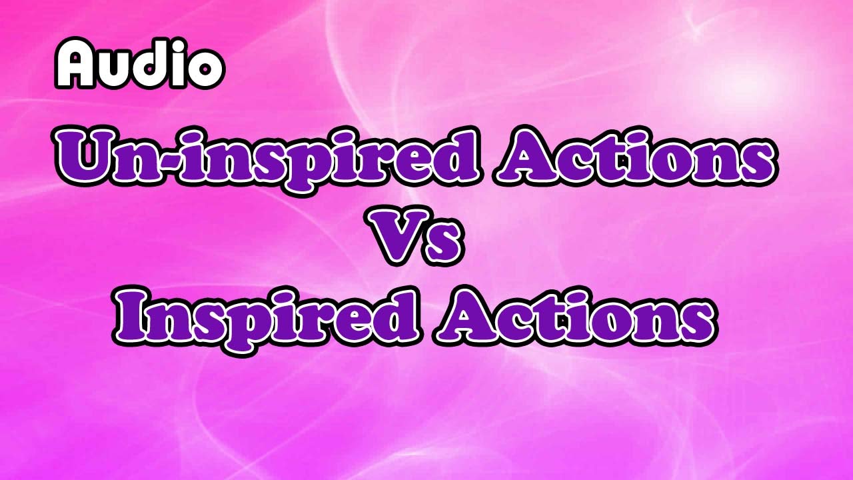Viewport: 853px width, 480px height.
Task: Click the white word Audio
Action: (139, 63)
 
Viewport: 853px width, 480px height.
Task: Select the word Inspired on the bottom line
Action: (267, 313)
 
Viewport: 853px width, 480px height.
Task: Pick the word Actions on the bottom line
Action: (573, 313)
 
